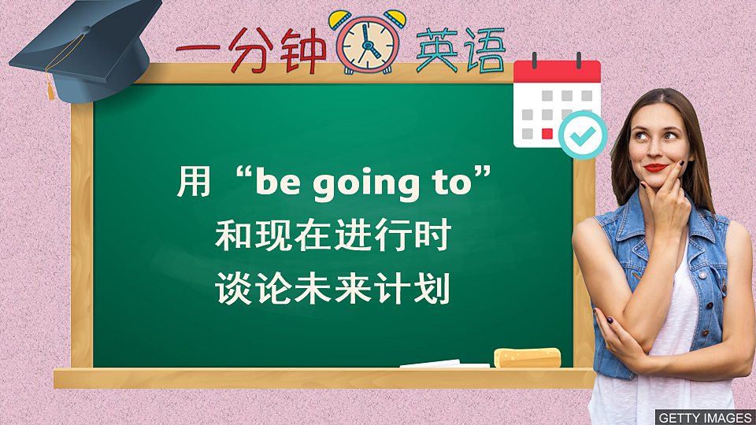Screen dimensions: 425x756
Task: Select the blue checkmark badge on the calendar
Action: (582, 135)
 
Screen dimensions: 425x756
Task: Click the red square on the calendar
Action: (547, 134)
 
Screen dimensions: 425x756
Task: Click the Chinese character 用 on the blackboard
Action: (194, 183)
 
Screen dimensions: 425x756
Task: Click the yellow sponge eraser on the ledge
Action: (527, 358)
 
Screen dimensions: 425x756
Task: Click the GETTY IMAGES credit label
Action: (704, 417)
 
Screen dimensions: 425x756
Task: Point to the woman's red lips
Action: (655, 167)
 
